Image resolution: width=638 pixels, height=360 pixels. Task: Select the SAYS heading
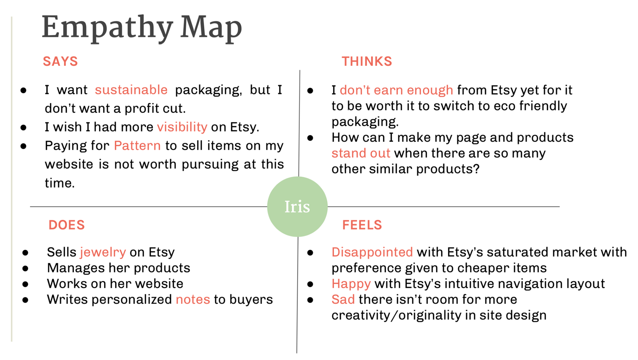tap(60, 61)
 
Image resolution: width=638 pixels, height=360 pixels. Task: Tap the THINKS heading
tap(367, 61)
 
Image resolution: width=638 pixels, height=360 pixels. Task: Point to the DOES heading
tap(66, 225)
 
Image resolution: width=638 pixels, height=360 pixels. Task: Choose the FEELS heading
tap(362, 225)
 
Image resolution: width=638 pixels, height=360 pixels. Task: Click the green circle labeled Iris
tap(297, 207)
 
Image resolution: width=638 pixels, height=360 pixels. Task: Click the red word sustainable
tap(131, 90)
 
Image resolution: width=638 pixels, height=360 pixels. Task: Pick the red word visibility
tap(182, 127)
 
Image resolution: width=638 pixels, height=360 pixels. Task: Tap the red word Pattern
tap(137, 145)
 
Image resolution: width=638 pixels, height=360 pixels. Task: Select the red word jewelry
tap(103, 252)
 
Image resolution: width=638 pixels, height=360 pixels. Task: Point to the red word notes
tap(193, 300)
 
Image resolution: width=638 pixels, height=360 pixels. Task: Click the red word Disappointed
tap(372, 252)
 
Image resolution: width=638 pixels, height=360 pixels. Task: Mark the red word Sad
tap(343, 300)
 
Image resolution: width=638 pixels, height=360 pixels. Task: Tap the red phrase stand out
tap(361, 153)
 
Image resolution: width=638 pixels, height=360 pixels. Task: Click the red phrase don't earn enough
tap(396, 90)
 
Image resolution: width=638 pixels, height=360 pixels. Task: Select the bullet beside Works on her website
tap(26, 284)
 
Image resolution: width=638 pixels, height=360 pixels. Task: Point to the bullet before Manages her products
tap(26, 268)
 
